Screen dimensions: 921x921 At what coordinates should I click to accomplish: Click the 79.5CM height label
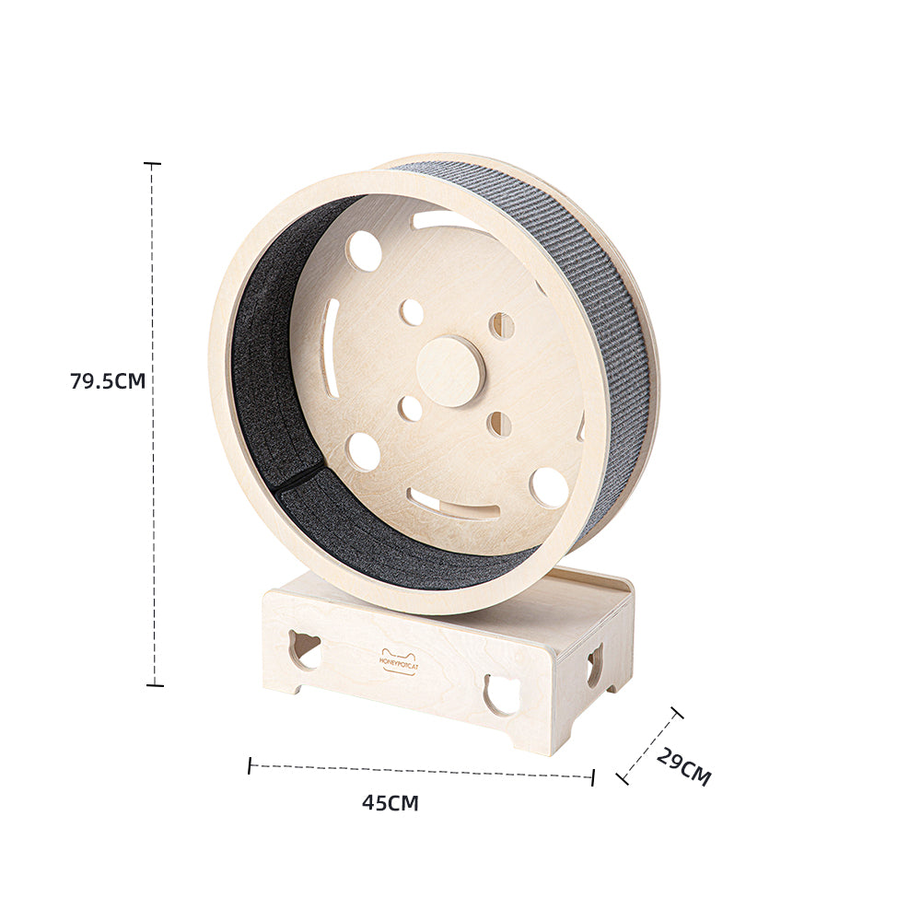(x=108, y=380)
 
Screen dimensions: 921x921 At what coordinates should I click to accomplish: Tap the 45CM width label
(x=390, y=803)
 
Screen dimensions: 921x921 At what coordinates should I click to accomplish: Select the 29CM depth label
(x=683, y=766)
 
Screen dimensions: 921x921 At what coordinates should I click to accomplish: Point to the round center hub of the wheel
(x=450, y=371)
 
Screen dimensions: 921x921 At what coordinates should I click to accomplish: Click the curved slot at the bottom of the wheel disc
(x=454, y=504)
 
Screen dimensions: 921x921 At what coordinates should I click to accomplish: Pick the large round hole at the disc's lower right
(x=549, y=487)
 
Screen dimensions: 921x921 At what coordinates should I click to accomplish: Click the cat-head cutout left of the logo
(x=305, y=649)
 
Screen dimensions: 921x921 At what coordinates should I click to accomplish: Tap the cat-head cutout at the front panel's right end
(x=503, y=693)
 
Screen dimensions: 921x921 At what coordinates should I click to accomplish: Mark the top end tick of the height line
(x=152, y=164)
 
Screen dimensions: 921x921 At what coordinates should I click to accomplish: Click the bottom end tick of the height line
(x=154, y=685)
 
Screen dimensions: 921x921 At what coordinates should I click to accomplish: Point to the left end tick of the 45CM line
(x=250, y=765)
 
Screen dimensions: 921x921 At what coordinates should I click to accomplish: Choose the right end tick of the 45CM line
(x=592, y=777)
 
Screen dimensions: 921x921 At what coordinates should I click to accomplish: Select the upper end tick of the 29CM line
(x=677, y=713)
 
